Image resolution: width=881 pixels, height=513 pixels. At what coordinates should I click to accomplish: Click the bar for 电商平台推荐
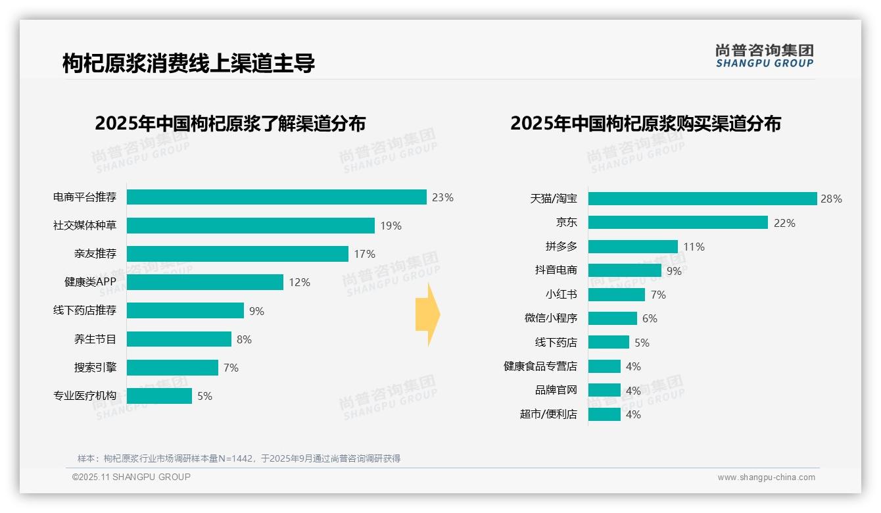click(x=276, y=197)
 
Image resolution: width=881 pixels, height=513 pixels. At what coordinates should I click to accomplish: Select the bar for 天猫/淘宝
click(x=702, y=199)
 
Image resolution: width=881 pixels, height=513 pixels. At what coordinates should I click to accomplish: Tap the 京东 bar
click(x=678, y=222)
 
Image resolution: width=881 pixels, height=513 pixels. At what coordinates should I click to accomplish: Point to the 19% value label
click(x=391, y=226)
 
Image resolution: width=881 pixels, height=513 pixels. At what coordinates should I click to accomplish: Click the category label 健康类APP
click(x=90, y=282)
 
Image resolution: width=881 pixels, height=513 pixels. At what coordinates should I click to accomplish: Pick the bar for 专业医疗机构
click(x=159, y=396)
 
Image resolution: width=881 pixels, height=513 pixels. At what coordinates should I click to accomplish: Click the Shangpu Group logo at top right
click(x=764, y=55)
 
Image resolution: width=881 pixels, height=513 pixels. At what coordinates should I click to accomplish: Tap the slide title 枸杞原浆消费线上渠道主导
click(x=189, y=63)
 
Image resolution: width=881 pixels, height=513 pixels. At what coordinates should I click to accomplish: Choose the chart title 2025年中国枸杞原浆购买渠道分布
click(x=645, y=124)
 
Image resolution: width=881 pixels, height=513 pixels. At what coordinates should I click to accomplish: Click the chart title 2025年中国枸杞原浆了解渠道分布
click(x=229, y=124)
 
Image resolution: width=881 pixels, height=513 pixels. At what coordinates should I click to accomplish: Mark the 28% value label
click(x=831, y=199)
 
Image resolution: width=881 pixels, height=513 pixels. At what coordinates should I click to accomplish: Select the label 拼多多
click(x=561, y=247)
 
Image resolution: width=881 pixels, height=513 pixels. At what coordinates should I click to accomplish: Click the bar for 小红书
click(x=616, y=295)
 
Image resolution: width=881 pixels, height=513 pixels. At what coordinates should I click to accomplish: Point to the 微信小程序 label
click(x=550, y=318)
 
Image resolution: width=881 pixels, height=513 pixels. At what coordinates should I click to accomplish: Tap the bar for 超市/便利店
click(x=604, y=414)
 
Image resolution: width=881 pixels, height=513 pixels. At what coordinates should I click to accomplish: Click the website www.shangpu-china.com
click(x=766, y=477)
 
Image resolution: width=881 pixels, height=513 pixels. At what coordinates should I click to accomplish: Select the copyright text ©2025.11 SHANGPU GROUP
click(x=131, y=477)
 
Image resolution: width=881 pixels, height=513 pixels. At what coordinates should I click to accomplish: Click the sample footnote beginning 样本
click(x=239, y=458)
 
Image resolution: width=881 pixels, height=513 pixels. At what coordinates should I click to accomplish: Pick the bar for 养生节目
click(x=179, y=339)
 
